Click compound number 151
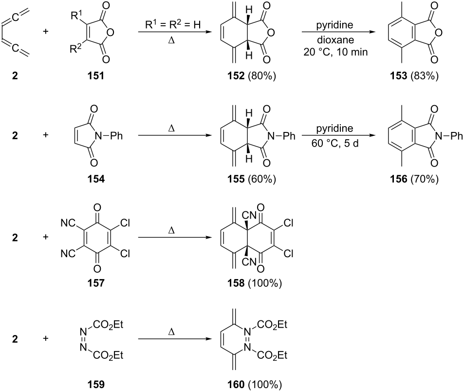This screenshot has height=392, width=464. point(96,76)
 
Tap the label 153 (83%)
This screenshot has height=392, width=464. point(414,76)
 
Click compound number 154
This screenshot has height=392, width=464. point(96,179)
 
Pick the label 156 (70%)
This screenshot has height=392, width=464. point(414,179)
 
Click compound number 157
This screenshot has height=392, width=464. point(96,283)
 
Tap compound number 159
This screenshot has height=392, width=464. point(96,385)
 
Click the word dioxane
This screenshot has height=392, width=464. point(335,39)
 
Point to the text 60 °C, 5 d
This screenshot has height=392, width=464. point(335,143)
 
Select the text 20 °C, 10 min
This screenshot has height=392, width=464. point(335,52)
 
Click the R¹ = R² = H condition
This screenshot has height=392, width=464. point(173,24)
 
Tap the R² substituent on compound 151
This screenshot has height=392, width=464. point(75,48)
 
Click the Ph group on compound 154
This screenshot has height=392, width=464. point(116,136)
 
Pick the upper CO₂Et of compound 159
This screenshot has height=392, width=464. point(108,325)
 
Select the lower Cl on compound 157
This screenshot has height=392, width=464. point(125,253)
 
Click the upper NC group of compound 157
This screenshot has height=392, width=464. point(68,223)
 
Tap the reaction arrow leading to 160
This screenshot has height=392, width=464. point(175,339)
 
